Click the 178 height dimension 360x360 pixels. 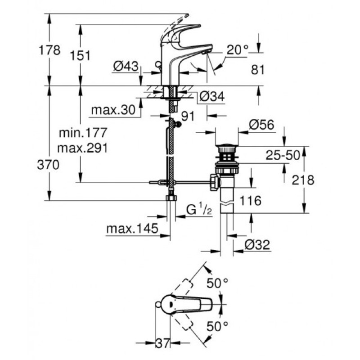pos(49,50)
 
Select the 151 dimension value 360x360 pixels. pos(80,55)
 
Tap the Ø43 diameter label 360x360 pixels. pos(126,67)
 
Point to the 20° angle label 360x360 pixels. pos(238,49)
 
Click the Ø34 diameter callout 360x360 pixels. pos(211,96)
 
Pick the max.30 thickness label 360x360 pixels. pos(113,110)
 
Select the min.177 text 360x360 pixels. pos(83,133)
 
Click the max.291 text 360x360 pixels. pos(82,148)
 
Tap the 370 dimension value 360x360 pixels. pos(48,165)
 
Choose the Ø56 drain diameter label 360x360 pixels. pos(261,125)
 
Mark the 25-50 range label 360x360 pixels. pos(283,155)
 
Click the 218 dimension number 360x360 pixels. pos(303,180)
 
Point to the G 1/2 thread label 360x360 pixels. pos(199,210)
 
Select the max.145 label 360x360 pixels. pos(132,229)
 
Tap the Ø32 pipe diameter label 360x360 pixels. pos(257,245)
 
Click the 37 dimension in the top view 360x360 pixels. pos(163,343)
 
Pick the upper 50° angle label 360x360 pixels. pos(217,283)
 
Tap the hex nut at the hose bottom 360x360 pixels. pos(171,198)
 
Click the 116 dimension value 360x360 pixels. pos(250,201)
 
